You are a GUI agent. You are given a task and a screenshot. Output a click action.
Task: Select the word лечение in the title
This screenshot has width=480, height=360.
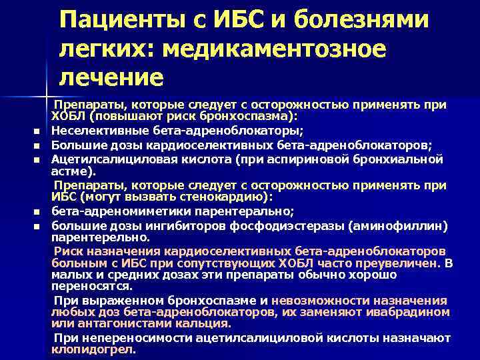click(111, 77)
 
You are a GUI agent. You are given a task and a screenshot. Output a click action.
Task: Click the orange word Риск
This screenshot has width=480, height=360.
click(67, 251)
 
